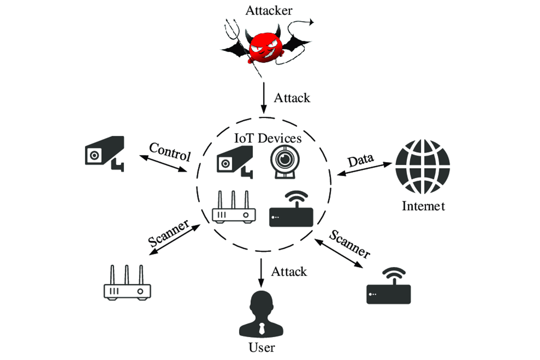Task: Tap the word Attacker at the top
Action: point(269,10)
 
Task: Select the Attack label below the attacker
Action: point(292,98)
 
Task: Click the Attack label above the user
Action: point(289,271)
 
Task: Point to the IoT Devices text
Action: point(267,138)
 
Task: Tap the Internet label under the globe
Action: point(423,206)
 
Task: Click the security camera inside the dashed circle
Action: point(234,162)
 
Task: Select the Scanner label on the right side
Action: point(349,244)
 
